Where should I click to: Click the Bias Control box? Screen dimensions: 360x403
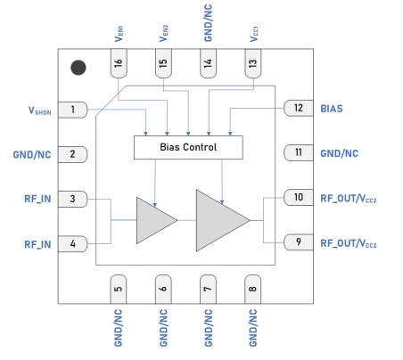pyautogui.click(x=187, y=147)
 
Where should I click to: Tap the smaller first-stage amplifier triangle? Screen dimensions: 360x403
pyautogui.click(x=153, y=220)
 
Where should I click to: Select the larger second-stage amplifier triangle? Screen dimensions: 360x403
pyautogui.click(x=218, y=220)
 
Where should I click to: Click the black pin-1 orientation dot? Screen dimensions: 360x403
pyautogui.click(x=78, y=67)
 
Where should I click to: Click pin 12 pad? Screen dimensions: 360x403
pyautogui.click(x=297, y=109)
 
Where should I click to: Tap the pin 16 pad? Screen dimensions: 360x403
pyautogui.click(x=118, y=64)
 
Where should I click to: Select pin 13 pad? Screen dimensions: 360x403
pyautogui.click(x=253, y=64)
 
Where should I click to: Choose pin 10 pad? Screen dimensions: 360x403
pyautogui.click(x=297, y=197)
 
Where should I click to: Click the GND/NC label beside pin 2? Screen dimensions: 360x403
pyautogui.click(x=31, y=154)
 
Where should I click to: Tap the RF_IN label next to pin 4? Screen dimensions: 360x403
pyautogui.click(x=33, y=242)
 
